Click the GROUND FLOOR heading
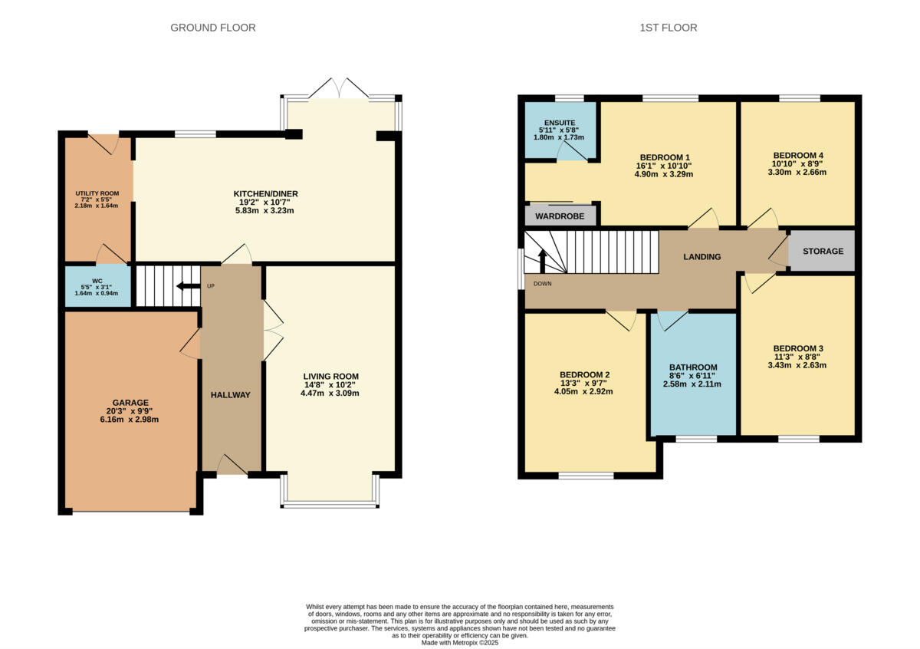[212, 28]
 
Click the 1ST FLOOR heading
[668, 28]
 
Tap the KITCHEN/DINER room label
[266, 193]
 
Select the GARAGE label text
[130, 402]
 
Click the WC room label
[97, 281]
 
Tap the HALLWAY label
[231, 394]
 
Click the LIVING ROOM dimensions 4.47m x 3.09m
[330, 393]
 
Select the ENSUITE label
[560, 123]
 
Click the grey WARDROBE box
[560, 216]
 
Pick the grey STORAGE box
[823, 251]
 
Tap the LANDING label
[701, 257]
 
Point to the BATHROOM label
[692, 367]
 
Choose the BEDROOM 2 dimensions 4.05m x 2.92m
[584, 391]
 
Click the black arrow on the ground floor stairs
[185, 286]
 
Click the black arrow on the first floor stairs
[543, 261]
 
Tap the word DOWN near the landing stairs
[542, 283]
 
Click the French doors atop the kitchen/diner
[338, 87]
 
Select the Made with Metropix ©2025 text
[460, 642]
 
